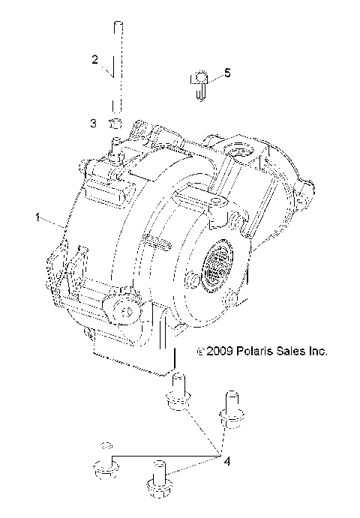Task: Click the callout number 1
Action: point(37,218)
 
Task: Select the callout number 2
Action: point(94,58)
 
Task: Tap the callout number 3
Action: point(94,122)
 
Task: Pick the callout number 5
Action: point(227,73)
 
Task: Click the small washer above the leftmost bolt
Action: point(106,441)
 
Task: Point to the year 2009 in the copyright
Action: point(219,350)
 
